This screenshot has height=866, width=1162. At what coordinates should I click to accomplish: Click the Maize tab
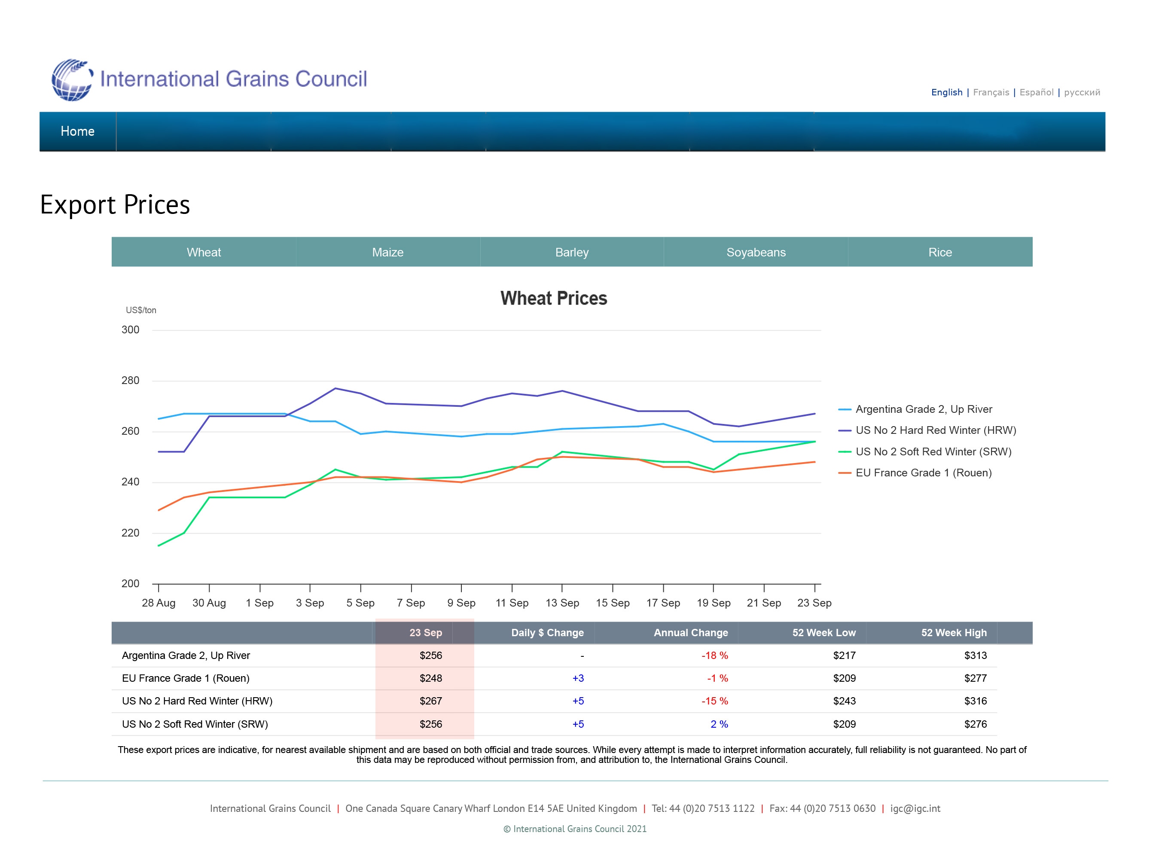click(388, 252)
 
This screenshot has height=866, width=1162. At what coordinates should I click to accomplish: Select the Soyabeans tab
click(756, 252)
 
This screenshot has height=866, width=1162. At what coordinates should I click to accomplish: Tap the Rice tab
click(940, 252)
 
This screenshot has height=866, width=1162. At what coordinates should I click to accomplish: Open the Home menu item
click(78, 131)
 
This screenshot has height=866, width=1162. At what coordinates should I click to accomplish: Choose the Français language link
click(991, 92)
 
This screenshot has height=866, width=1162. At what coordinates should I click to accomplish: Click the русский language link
click(1082, 92)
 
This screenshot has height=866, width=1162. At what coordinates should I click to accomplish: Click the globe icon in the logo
click(72, 79)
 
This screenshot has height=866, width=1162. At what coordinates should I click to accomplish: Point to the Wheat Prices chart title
click(553, 298)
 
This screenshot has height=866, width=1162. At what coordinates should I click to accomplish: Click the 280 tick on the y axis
click(131, 381)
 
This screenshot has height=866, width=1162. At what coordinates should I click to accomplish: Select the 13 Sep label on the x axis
click(562, 603)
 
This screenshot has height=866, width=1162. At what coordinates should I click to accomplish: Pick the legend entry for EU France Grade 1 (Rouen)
click(915, 473)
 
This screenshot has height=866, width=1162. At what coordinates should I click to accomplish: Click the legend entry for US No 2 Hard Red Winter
click(927, 430)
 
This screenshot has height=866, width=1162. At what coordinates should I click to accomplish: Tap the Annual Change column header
click(691, 633)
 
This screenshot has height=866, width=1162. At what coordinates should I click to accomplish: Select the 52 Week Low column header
click(824, 633)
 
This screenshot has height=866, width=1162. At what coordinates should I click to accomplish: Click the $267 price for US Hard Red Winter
click(431, 701)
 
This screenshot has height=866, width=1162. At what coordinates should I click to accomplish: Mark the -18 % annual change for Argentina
click(715, 655)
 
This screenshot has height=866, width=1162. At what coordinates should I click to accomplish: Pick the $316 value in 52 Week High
click(976, 701)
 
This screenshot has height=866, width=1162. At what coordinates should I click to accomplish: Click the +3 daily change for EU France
click(578, 678)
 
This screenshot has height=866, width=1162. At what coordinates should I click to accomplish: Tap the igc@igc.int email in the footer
click(915, 808)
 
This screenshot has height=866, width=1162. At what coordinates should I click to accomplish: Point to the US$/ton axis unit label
click(141, 310)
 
